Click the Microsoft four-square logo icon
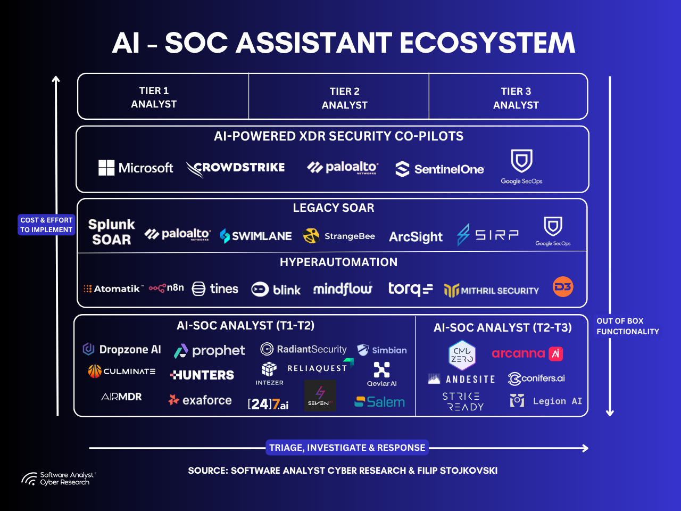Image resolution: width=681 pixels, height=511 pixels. (106, 168)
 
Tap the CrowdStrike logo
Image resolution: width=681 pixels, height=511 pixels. (236, 168)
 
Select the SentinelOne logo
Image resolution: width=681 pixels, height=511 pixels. (439, 169)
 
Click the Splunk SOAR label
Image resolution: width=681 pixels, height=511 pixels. (111, 232)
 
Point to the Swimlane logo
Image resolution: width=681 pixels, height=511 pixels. (256, 236)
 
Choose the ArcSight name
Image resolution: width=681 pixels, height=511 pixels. (416, 237)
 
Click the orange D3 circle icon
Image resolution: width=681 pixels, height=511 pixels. (563, 287)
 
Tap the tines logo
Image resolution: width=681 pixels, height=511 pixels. (215, 289)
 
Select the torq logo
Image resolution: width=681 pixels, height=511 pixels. (410, 289)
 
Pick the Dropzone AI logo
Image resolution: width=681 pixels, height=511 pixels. (122, 349)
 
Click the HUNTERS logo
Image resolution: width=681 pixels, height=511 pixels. (202, 375)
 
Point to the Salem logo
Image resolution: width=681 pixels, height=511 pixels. (380, 402)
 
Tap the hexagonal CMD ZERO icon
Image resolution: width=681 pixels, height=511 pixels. (462, 355)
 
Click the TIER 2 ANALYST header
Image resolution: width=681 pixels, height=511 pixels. (344, 98)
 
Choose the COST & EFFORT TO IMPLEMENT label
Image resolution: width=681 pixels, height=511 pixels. (46, 225)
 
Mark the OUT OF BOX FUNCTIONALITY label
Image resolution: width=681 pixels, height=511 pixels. (627, 326)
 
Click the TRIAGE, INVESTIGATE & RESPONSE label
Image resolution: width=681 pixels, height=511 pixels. (347, 448)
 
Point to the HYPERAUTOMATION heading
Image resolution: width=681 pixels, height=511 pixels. (338, 262)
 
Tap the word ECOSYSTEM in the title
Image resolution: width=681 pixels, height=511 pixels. (487, 43)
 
